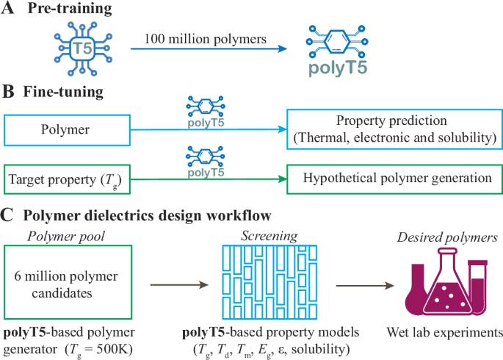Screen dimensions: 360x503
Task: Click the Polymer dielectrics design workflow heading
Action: point(146,215)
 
